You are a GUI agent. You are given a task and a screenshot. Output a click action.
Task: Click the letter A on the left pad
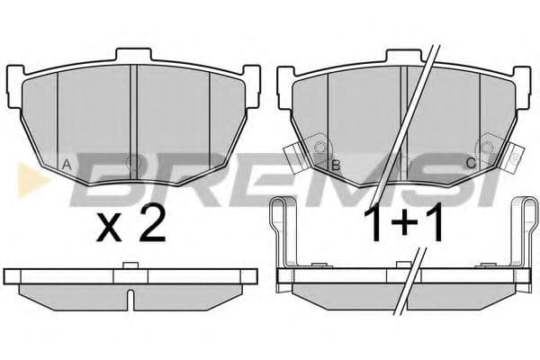point(67,165)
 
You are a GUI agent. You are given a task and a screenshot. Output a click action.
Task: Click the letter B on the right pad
point(336,166)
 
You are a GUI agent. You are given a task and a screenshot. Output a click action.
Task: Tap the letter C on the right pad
point(471,163)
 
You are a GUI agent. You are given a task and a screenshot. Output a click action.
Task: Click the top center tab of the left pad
point(133,54)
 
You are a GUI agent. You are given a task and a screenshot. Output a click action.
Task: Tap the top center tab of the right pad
point(404,55)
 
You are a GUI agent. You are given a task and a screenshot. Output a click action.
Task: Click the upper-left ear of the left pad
point(16,86)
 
